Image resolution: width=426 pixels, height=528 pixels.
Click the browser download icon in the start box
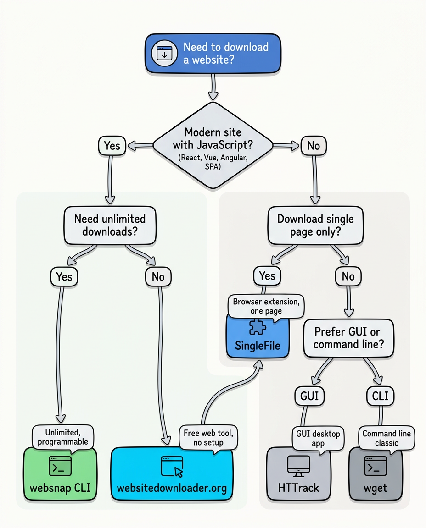(x=164, y=54)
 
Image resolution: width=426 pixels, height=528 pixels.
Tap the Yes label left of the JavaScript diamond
(x=112, y=146)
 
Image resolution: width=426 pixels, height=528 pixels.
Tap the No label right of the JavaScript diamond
(x=314, y=146)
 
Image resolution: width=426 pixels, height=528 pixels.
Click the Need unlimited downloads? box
(x=110, y=225)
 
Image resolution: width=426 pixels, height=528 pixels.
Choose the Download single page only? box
(x=315, y=225)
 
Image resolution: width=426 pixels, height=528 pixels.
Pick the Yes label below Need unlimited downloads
(x=64, y=276)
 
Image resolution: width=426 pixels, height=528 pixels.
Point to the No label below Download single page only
(x=348, y=276)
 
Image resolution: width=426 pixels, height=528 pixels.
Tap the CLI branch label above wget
(x=381, y=396)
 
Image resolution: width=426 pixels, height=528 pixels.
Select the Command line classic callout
(x=386, y=438)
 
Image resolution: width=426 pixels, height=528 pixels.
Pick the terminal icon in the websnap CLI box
(x=60, y=466)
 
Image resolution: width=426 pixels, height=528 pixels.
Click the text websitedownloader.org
(x=172, y=488)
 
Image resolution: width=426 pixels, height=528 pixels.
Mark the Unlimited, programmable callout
(x=63, y=437)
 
